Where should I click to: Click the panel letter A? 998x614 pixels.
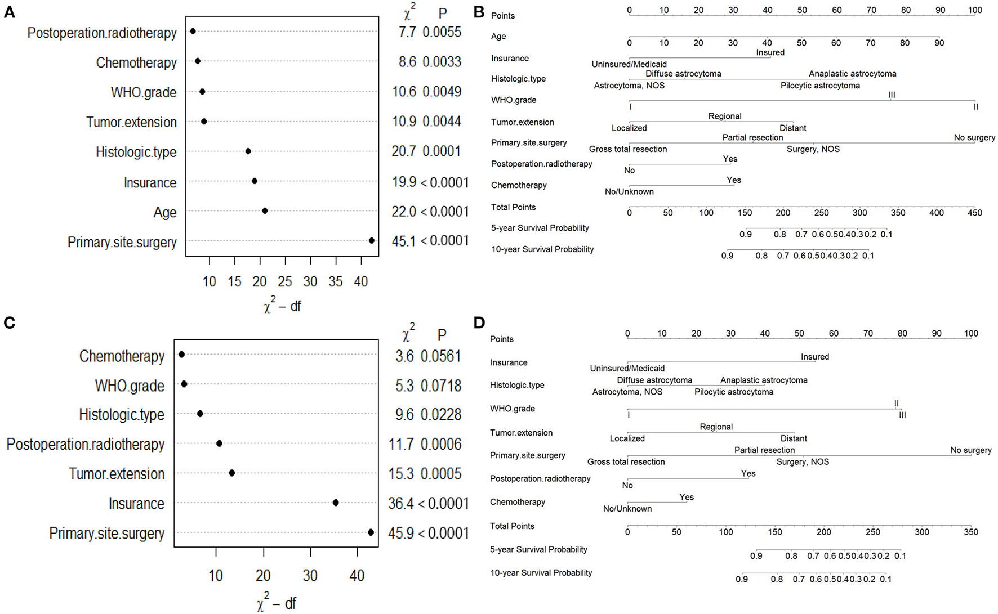click(9, 12)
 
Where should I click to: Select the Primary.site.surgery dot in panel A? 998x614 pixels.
click(372, 241)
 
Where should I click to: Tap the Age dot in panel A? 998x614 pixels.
click(265, 211)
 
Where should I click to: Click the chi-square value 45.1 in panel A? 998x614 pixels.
click(404, 241)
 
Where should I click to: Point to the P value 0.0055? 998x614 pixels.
click(442, 32)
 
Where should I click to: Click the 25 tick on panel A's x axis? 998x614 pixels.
click(285, 281)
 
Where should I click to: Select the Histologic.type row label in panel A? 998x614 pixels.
click(136, 152)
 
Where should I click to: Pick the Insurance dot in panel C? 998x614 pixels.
click(336, 503)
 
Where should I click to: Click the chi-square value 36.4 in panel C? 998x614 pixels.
click(401, 503)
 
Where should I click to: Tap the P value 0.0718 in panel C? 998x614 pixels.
click(441, 386)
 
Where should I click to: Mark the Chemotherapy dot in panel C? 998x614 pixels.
click(181, 355)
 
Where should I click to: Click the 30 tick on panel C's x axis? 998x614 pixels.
click(310, 576)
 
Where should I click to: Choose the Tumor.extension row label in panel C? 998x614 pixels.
click(117, 474)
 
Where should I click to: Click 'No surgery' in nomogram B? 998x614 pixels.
click(974, 137)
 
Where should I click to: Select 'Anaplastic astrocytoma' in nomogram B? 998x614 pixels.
click(852, 74)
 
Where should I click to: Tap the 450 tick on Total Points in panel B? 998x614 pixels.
click(974, 213)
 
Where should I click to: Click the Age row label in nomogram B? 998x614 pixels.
click(498, 37)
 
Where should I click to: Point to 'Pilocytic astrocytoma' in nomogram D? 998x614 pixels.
click(733, 392)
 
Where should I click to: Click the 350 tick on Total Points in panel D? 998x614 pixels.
click(970, 532)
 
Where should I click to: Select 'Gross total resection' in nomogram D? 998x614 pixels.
click(626, 462)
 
